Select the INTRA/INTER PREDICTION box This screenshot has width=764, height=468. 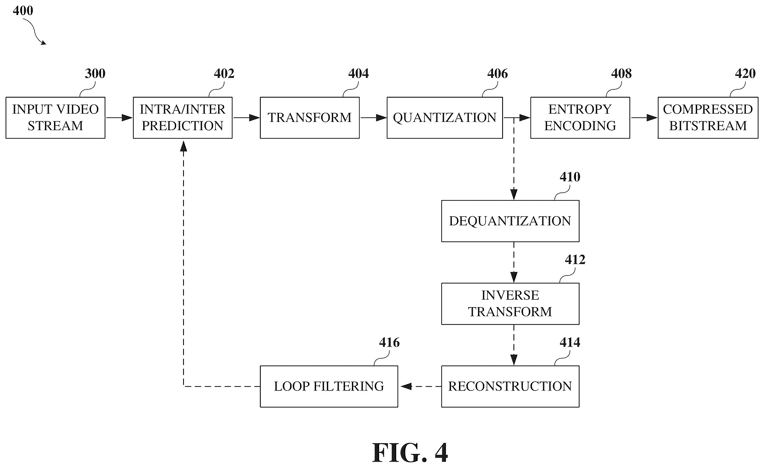click(x=183, y=118)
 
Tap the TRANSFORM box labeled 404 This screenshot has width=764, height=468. click(x=310, y=118)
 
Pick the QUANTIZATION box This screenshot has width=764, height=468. click(x=445, y=118)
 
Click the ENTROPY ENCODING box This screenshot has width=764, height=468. click(x=580, y=118)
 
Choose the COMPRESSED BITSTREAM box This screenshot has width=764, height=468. click(x=708, y=118)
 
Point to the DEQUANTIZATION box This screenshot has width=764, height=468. click(x=510, y=221)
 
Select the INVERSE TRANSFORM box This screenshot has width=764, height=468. click(x=510, y=304)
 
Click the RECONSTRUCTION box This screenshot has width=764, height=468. click(x=510, y=386)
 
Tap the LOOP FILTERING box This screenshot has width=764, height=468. click(x=329, y=386)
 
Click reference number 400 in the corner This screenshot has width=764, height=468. click(x=23, y=11)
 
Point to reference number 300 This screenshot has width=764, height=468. click(x=95, y=74)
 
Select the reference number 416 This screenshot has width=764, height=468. click(x=390, y=343)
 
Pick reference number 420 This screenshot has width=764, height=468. click(x=745, y=74)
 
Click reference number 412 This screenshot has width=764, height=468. click(x=575, y=260)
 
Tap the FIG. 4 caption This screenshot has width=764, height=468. click(x=410, y=453)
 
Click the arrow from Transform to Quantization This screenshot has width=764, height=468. click(x=373, y=118)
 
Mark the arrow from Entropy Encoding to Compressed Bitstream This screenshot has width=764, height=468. click(x=644, y=118)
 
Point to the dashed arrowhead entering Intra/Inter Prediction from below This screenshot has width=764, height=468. click(x=184, y=146)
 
